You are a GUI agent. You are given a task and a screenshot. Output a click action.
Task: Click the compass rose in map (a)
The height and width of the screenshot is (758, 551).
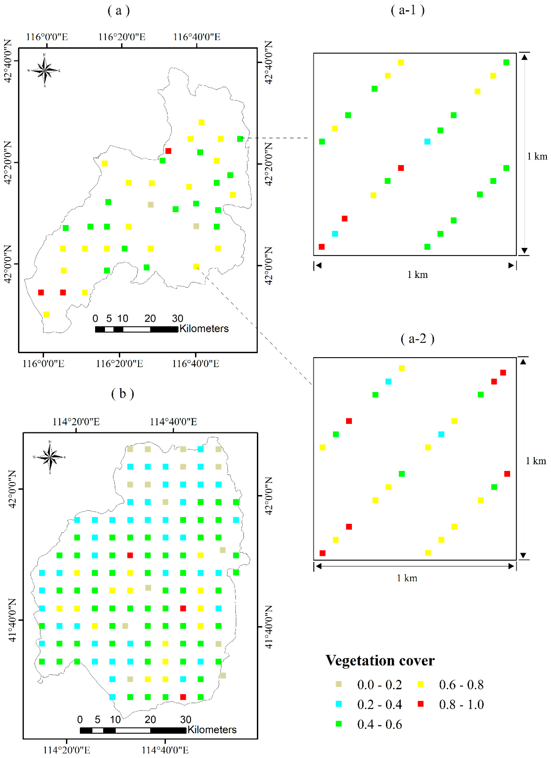(x=44, y=71)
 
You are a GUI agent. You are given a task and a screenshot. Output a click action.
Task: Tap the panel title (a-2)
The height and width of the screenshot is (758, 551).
(x=417, y=339)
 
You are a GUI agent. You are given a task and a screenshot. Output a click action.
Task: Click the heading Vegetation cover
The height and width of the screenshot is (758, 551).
(x=380, y=660)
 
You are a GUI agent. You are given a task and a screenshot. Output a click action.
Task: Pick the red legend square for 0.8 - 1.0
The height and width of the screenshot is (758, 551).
(x=420, y=704)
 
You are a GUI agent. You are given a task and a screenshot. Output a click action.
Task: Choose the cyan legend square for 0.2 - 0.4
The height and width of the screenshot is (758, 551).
(x=339, y=704)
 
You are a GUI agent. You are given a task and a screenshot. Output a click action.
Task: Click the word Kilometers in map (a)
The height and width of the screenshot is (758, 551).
(x=204, y=328)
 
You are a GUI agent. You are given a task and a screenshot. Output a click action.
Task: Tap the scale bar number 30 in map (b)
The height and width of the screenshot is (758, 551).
(x=186, y=719)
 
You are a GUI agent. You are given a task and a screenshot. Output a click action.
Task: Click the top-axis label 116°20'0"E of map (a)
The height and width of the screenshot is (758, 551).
(x=122, y=37)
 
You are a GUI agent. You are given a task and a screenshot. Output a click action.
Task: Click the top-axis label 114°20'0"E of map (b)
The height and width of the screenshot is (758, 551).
(x=76, y=422)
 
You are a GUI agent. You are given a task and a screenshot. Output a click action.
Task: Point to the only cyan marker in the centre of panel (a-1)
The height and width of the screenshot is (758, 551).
(x=427, y=141)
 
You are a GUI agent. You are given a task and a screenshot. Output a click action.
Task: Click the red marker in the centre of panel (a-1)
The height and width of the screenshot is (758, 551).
(x=401, y=168)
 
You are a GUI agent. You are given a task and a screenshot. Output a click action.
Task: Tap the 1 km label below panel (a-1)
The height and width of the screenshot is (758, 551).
(x=417, y=275)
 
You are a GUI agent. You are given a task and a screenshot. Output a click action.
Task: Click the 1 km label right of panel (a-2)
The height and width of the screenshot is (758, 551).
(x=536, y=461)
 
